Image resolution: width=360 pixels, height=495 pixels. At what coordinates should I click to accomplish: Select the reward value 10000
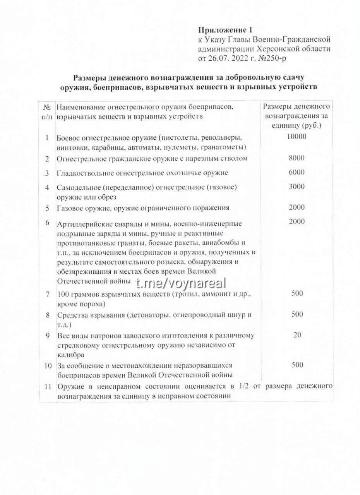point(297,136)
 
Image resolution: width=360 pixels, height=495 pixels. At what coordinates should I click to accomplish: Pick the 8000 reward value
point(297,158)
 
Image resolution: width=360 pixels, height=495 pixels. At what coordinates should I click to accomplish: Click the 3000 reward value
point(297,187)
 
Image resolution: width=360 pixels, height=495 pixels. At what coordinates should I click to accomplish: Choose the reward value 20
point(297,335)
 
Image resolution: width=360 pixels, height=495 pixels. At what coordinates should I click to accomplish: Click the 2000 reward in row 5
point(297,207)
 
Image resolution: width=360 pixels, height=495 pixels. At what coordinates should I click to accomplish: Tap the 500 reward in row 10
point(297,365)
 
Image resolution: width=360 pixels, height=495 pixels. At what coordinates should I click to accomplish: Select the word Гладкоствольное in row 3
point(82,173)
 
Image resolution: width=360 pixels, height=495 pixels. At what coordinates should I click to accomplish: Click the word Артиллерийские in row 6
point(82,225)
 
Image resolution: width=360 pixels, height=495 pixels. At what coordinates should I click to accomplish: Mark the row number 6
point(47,223)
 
